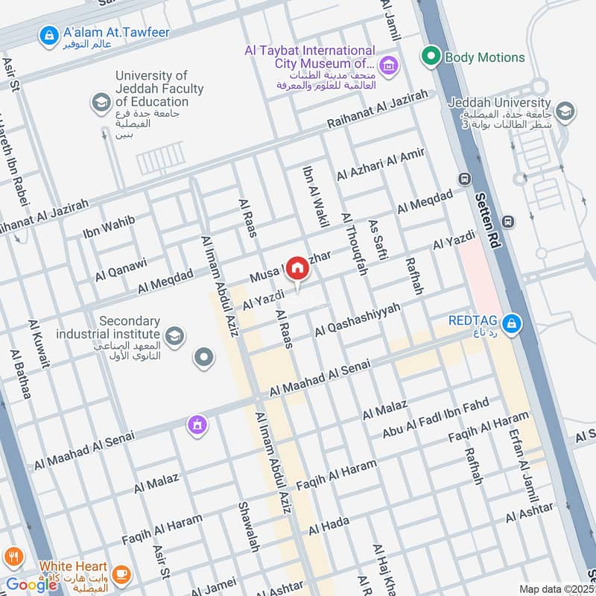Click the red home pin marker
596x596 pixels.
[297, 267]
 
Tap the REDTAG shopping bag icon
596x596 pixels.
[512, 323]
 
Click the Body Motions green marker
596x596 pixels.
[430, 56]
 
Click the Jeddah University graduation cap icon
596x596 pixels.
[565, 112]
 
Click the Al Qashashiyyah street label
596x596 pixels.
[358, 319]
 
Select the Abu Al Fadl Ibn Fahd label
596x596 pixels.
[436, 418]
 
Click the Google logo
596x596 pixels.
[31, 584]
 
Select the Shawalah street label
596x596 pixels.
[248, 526]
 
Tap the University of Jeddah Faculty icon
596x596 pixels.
[100, 104]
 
